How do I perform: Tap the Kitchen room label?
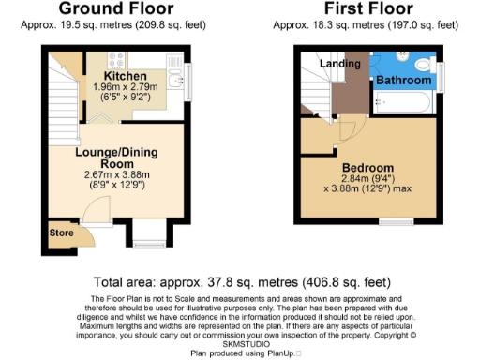125,74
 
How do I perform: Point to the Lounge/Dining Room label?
118,156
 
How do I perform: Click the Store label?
62,232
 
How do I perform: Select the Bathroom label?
403,82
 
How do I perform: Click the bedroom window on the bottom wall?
394,221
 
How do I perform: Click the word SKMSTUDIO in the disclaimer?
239,343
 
